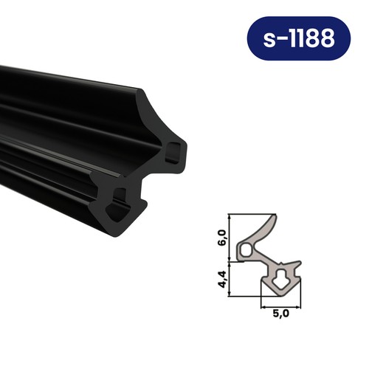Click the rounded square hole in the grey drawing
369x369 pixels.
tap(246, 252)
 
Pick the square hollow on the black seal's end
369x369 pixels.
tap(172, 153)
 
